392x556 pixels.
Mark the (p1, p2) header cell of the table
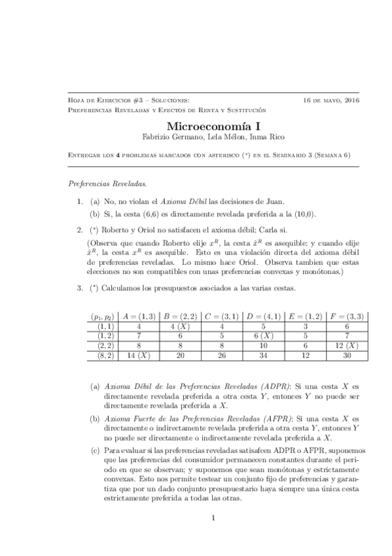point(103,316)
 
